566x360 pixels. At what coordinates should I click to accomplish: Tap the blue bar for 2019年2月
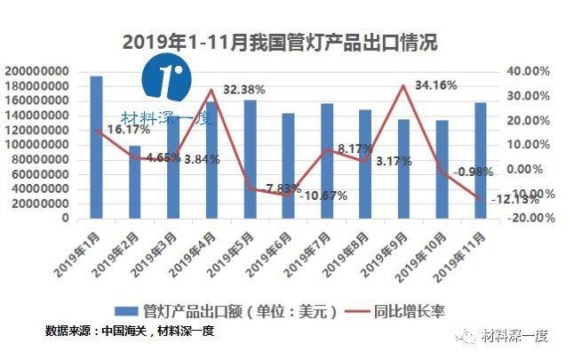[134, 181]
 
